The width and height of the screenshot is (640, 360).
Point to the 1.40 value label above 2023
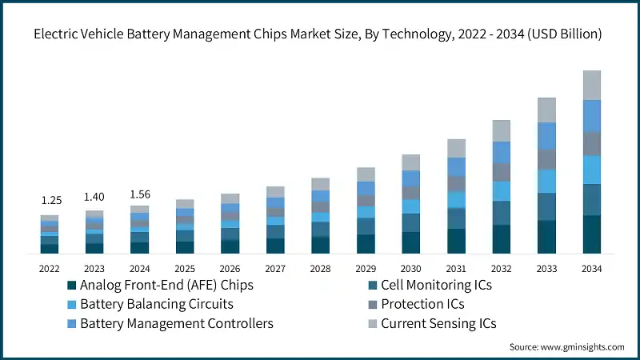pyautogui.click(x=94, y=196)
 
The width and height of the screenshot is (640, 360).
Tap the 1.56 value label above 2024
pyautogui.click(x=139, y=193)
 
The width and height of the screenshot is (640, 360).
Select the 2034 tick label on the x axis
pyautogui.click(x=592, y=268)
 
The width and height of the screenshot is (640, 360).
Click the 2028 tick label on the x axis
pyautogui.click(x=321, y=268)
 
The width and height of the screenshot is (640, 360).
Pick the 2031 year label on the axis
pyautogui.click(x=456, y=268)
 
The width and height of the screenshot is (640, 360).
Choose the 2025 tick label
pyautogui.click(x=185, y=268)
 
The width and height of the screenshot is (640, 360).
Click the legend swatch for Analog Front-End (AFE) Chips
pyautogui.click(x=72, y=285)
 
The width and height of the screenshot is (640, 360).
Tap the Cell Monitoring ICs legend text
pyautogui.click(x=436, y=285)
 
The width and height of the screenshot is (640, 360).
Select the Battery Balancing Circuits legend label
pyautogui.click(x=157, y=304)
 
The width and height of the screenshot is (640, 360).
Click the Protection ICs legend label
pyautogui.click(x=422, y=304)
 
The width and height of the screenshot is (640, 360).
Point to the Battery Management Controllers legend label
pyautogui.click(x=177, y=323)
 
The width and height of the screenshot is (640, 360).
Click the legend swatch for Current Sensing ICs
pyautogui.click(x=371, y=323)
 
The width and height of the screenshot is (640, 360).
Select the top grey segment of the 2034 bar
pyautogui.click(x=592, y=85)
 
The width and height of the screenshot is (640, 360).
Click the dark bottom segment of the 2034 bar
pyautogui.click(x=592, y=234)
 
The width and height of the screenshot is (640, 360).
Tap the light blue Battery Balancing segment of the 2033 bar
pyautogui.click(x=546, y=181)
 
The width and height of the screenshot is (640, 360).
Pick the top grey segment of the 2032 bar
pyautogui.click(x=502, y=130)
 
